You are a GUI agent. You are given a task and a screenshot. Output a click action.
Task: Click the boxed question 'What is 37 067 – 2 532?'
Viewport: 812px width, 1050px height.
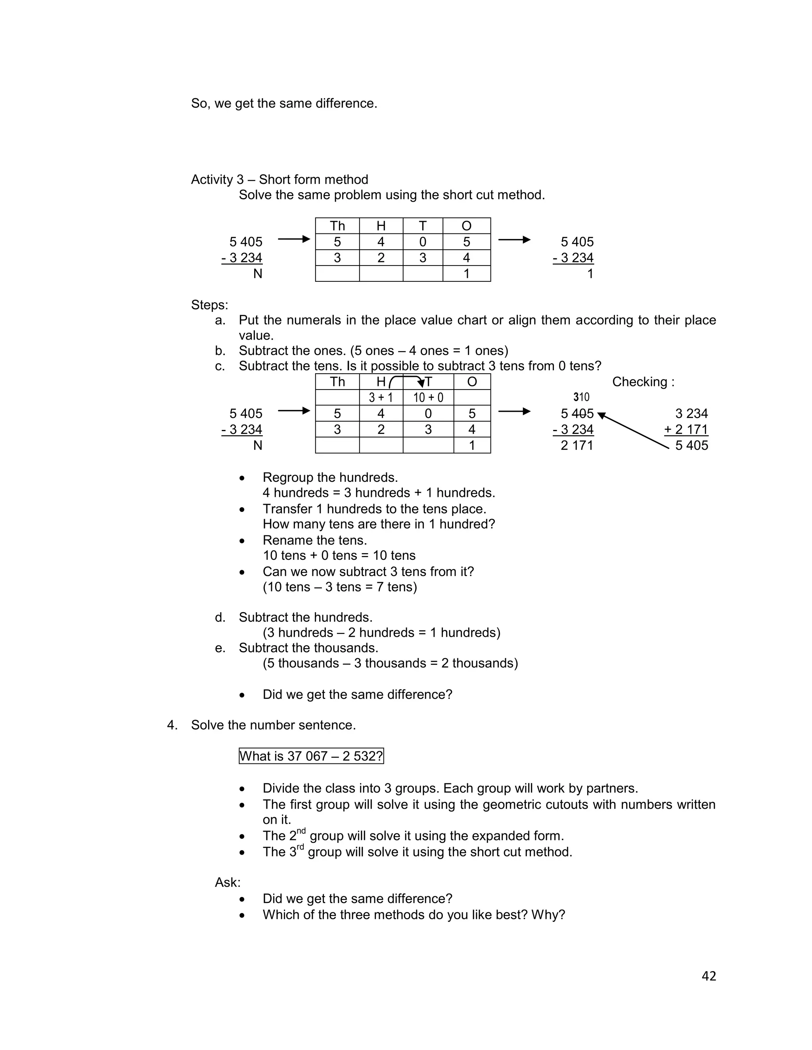tap(311, 756)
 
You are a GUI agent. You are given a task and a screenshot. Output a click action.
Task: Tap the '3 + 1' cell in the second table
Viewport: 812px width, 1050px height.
tap(381, 397)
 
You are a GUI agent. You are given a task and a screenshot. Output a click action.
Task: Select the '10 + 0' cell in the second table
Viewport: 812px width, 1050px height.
tap(428, 397)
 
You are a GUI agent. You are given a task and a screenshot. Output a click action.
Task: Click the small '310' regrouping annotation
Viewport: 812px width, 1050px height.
tap(581, 397)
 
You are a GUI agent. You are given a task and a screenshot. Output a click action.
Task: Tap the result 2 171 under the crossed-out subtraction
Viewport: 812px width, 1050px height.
tap(577, 445)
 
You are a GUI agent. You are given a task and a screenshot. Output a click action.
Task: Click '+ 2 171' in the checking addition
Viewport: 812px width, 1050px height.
tap(686, 430)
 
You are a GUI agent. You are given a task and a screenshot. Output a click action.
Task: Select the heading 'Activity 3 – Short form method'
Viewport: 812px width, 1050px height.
tap(280, 179)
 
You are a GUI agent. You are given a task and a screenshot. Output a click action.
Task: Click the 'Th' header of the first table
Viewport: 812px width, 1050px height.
tap(337, 226)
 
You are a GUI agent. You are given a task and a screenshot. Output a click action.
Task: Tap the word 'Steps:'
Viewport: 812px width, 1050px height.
tap(209, 305)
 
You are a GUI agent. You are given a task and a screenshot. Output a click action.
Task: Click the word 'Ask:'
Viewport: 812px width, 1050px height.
tap(228, 882)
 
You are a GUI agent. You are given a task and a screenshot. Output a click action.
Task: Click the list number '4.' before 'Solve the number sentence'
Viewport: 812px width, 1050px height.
tap(172, 725)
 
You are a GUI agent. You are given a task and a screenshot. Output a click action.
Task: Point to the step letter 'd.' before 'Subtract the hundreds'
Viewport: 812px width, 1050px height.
tap(220, 617)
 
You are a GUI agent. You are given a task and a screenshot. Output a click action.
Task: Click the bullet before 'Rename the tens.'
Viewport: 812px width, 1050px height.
tap(242, 541)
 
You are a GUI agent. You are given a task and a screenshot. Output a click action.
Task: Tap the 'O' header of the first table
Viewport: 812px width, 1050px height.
tap(466, 226)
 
